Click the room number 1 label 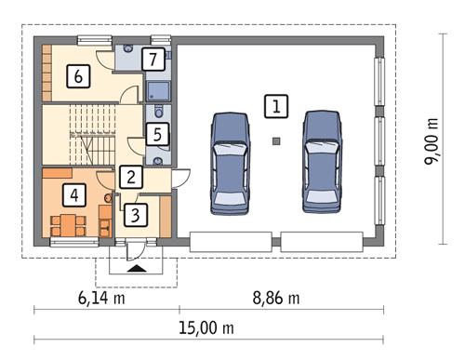[274, 106]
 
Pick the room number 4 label [73, 195]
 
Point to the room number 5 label [158, 134]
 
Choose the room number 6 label [79, 76]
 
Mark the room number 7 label [154, 60]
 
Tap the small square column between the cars [276, 141]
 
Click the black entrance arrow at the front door [137, 268]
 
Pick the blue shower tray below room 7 [157, 90]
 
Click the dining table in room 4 [69, 223]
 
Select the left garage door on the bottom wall [231, 241]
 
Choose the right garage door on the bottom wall [322, 241]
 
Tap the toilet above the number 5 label [151, 111]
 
